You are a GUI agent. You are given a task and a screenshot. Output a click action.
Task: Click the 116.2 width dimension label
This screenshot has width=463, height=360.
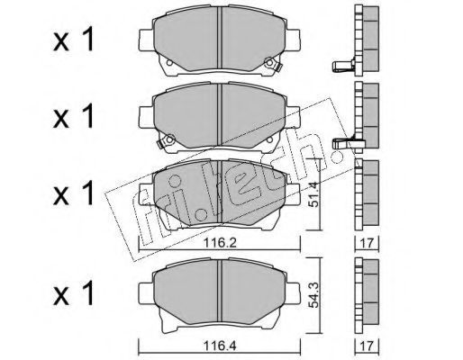[x=221, y=242]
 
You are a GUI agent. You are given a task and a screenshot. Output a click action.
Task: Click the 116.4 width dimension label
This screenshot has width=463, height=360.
[x=221, y=346]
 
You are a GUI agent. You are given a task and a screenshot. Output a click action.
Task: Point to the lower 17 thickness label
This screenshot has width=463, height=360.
[x=368, y=346]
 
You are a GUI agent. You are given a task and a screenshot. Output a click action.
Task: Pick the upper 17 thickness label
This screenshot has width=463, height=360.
[x=368, y=243]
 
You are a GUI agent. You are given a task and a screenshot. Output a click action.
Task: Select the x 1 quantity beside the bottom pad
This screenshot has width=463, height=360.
[x=74, y=294]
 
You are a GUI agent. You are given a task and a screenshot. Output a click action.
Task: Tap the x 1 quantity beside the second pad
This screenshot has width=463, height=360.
[x=74, y=117]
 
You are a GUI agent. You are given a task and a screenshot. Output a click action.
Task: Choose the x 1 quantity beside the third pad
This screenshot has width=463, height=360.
[x=74, y=194]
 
